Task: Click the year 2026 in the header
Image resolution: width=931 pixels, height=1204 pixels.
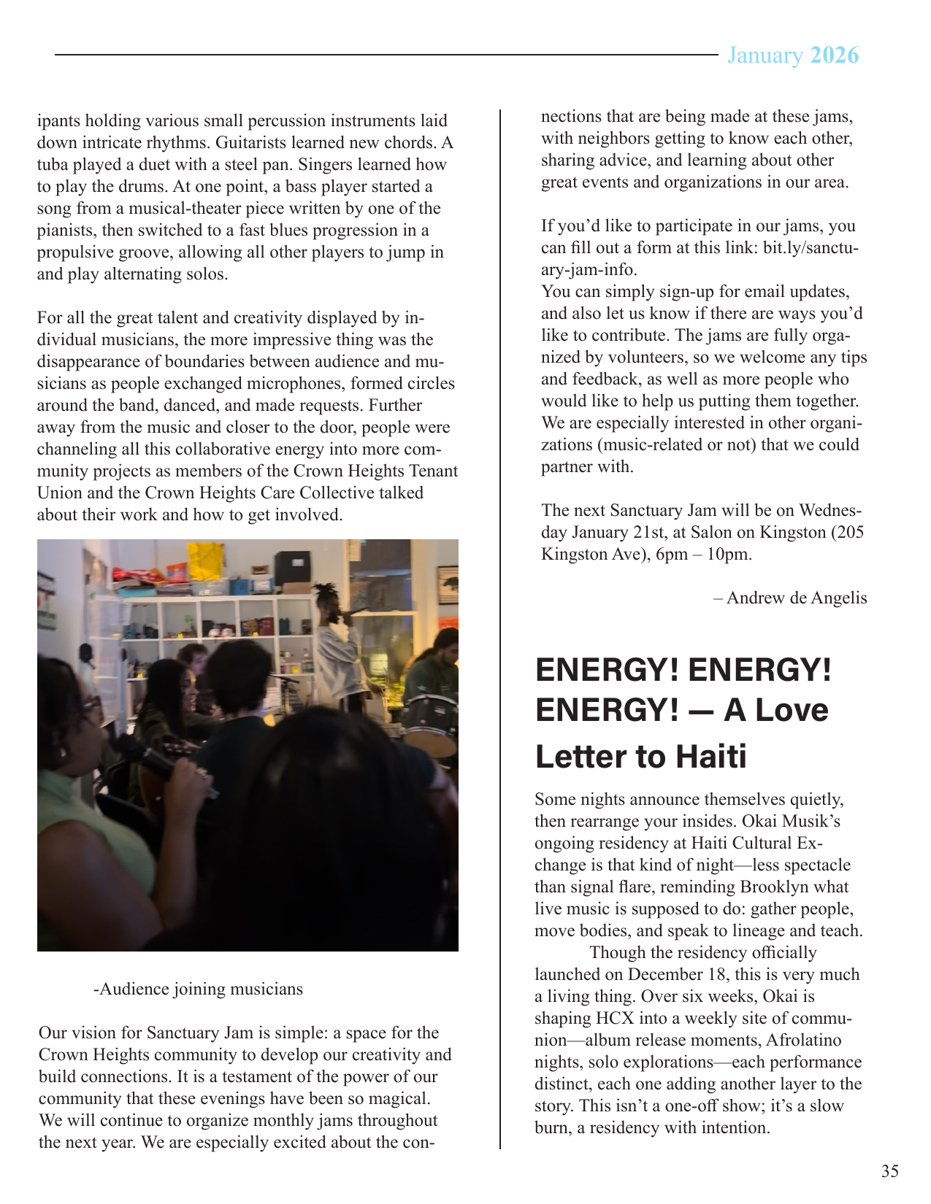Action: point(835,55)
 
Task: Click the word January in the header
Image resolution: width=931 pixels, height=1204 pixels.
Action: point(765,55)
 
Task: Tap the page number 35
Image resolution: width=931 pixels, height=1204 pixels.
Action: point(889,1171)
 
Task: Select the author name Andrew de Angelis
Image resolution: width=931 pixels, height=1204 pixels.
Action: point(796,598)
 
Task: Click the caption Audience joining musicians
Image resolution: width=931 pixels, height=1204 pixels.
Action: point(199,989)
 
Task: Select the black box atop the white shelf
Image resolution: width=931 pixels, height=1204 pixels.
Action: point(292,566)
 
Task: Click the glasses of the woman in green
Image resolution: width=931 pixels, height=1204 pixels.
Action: point(91,703)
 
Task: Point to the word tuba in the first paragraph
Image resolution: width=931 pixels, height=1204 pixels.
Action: point(54,165)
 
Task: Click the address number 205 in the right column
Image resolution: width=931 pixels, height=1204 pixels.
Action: point(850,532)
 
